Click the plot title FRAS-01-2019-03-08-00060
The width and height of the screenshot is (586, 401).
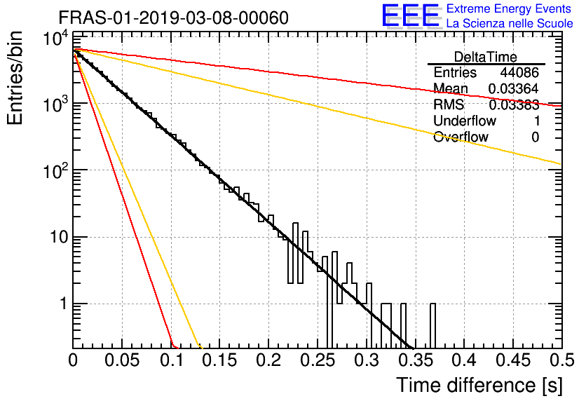[173, 18]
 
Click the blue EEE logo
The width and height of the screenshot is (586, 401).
[411, 15]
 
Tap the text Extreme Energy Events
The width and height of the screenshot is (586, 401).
[509, 8]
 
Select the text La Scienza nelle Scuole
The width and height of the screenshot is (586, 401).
[510, 23]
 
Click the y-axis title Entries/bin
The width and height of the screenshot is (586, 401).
[15, 79]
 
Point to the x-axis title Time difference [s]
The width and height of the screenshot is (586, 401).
[479, 385]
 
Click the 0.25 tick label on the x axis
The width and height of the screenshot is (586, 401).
[319, 360]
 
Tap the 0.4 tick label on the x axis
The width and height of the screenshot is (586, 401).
[464, 360]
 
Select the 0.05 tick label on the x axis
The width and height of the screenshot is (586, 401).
[122, 360]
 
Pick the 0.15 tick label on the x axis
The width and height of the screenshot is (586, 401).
[220, 360]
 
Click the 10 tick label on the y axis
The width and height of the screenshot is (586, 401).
[59, 237]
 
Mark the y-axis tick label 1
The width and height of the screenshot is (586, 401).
[63, 304]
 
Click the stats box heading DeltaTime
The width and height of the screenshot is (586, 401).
[486, 57]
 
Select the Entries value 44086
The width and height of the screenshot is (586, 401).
[519, 72]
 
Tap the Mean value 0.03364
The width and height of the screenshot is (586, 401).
[514, 88]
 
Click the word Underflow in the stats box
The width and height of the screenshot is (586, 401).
[465, 121]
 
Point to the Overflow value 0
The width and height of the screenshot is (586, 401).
[536, 137]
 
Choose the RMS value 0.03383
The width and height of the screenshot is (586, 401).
[514, 105]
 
